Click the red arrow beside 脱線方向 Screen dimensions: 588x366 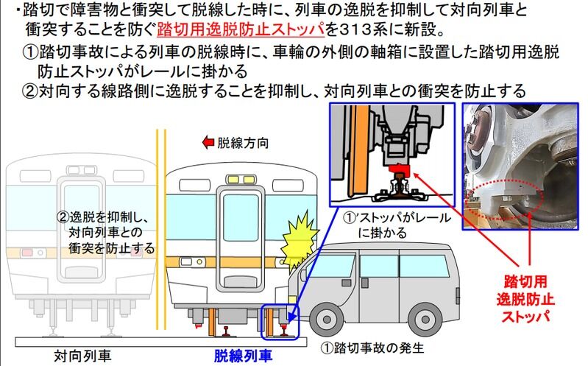(208, 142)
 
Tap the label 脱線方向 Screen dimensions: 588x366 (243, 143)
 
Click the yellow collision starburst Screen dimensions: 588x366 (298, 242)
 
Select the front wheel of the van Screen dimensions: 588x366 (327, 320)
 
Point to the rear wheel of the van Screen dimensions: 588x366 (425, 320)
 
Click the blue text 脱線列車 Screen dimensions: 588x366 (243, 356)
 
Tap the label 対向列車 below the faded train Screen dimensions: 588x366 (82, 356)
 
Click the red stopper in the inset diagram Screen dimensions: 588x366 (399, 172)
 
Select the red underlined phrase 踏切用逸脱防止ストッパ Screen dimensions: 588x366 (241, 30)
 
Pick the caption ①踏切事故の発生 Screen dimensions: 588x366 (372, 348)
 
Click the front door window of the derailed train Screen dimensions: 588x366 (241, 217)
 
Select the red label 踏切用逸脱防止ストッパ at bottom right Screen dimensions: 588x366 (525, 299)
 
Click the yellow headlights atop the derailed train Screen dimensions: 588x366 (241, 180)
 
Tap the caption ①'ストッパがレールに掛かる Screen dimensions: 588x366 (397, 225)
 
